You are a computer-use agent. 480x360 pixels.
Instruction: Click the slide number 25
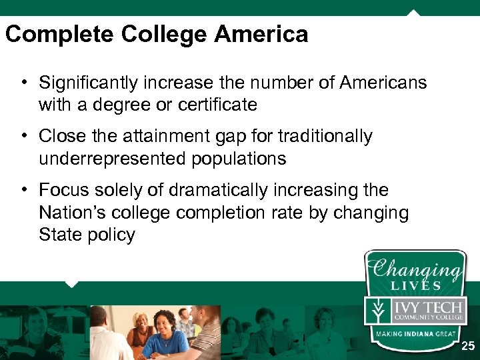click(468, 346)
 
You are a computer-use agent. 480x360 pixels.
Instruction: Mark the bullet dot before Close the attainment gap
click(23, 136)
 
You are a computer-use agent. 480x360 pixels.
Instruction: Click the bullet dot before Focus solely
click(23, 190)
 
